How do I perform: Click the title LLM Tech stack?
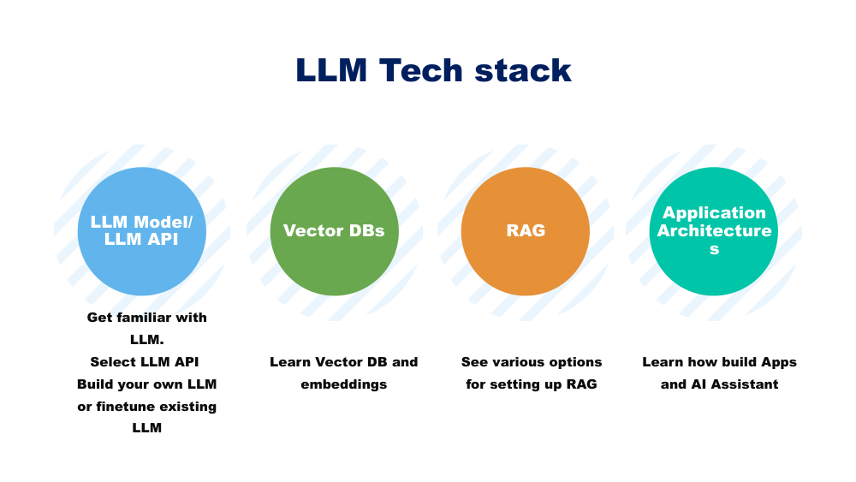(433, 70)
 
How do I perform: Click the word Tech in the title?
(420, 70)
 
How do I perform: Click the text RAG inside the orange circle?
(525, 231)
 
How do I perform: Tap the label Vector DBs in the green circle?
(334, 231)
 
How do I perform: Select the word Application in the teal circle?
(714, 213)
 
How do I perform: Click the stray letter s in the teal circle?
(714, 249)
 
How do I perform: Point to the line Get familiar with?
(147, 318)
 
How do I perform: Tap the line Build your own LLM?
(147, 384)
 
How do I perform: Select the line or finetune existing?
(147, 407)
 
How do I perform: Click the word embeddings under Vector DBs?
(343, 384)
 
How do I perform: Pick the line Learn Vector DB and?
(343, 362)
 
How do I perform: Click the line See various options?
(532, 362)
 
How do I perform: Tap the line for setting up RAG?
(532, 384)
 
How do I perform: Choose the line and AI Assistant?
(719, 384)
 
